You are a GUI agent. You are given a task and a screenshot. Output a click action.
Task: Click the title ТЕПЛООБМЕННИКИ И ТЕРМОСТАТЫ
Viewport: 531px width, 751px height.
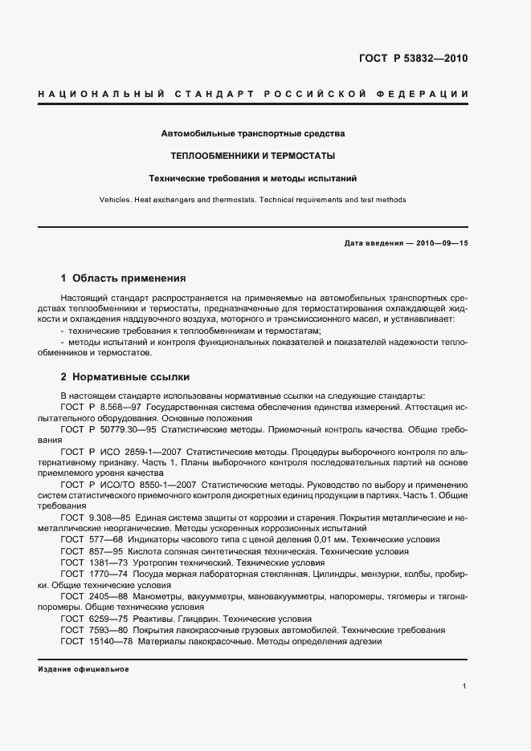tap(253, 155)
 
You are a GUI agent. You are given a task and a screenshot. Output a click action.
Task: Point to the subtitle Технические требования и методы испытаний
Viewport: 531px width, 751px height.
tap(253, 177)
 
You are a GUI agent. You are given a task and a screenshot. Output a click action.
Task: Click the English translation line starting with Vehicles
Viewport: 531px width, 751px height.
tap(253, 200)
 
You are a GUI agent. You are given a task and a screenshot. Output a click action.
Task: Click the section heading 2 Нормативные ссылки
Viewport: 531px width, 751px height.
tap(125, 376)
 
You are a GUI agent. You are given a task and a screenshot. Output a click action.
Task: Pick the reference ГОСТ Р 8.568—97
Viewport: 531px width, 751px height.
tap(95, 408)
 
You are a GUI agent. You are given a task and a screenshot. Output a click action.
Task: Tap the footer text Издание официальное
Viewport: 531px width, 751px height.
tap(83, 668)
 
